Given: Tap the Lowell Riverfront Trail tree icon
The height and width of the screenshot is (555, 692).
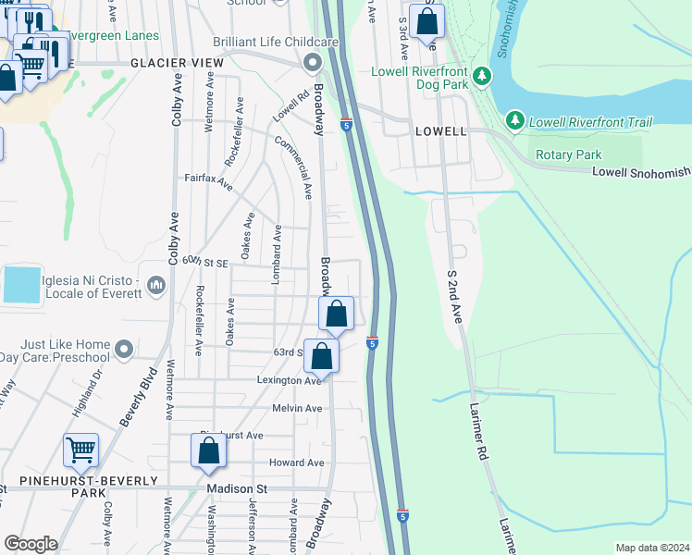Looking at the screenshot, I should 515,121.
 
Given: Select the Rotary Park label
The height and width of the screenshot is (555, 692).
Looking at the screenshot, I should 564,154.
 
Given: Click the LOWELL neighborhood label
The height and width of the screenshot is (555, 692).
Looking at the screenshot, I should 440,131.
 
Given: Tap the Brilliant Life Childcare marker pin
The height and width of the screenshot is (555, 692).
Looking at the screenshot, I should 313,63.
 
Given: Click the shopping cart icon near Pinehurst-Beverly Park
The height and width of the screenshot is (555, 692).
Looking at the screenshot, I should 81,450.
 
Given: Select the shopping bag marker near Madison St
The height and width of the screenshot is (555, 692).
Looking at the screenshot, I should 209,450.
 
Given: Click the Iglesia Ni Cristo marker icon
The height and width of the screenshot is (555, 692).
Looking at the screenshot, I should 155,280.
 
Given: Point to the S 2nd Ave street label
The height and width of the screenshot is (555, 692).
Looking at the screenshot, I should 453,297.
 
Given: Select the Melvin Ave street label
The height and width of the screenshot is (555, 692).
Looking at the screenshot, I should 297,408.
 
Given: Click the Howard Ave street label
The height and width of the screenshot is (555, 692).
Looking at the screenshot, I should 296,462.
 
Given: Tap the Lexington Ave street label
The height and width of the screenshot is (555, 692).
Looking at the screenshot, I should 290,380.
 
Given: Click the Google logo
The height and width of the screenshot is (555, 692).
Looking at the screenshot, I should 31,544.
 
